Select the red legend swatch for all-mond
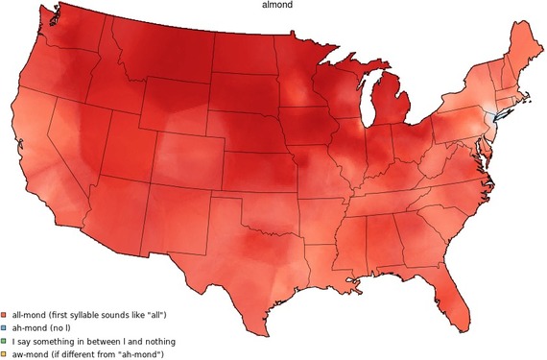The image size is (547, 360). (5, 314)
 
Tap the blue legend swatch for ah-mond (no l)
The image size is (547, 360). (5, 327)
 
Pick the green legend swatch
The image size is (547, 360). (5, 341)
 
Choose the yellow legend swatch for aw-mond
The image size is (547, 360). (5, 354)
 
